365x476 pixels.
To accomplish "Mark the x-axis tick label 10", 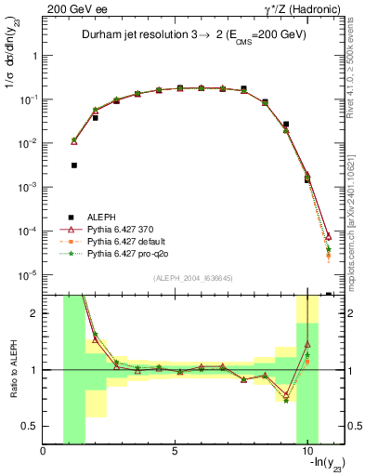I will tap(307, 452).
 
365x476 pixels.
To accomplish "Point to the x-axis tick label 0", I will tap(44, 452).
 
